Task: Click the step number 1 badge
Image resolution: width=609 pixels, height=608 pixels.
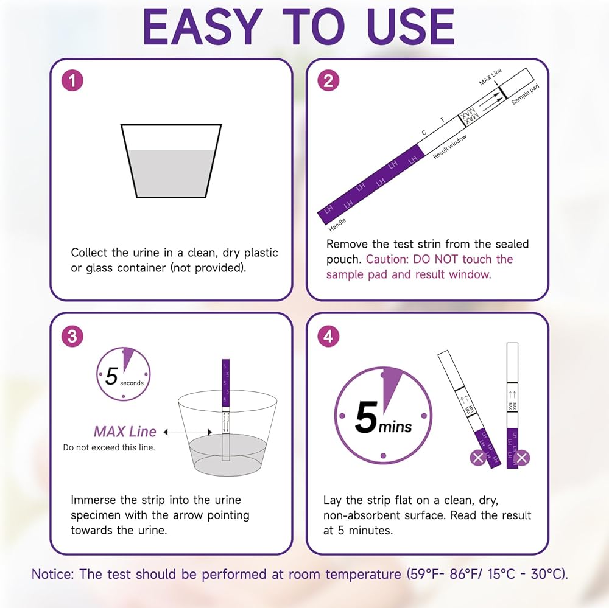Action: click(x=72, y=81)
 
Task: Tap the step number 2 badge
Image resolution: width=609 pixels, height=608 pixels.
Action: click(x=328, y=81)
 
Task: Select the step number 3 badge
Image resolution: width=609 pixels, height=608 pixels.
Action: click(x=72, y=336)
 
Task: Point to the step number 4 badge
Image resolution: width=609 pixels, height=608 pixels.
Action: click(x=328, y=336)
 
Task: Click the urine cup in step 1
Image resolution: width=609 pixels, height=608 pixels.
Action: click(x=171, y=161)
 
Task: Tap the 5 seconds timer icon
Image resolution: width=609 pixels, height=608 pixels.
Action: click(x=124, y=374)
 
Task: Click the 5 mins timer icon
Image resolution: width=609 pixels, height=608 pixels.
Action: click(x=383, y=416)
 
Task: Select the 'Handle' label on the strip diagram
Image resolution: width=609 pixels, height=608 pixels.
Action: click(x=337, y=225)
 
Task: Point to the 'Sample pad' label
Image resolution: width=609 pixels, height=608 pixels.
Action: click(x=525, y=94)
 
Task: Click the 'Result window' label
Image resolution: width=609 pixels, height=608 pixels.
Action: click(x=450, y=147)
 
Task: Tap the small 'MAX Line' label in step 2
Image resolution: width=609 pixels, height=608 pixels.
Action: click(x=490, y=77)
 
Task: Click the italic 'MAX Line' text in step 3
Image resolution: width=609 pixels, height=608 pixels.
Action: click(x=125, y=432)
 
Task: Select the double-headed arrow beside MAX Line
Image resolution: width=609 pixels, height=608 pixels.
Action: click(x=188, y=432)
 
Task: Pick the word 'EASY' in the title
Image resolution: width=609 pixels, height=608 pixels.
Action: click(x=203, y=27)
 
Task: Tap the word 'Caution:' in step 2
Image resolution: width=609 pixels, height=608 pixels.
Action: click(x=387, y=259)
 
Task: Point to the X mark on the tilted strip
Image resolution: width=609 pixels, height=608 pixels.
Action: click(x=478, y=457)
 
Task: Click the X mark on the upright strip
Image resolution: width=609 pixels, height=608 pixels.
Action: click(x=522, y=458)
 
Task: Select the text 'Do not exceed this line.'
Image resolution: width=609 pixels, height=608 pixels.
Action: click(x=109, y=447)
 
